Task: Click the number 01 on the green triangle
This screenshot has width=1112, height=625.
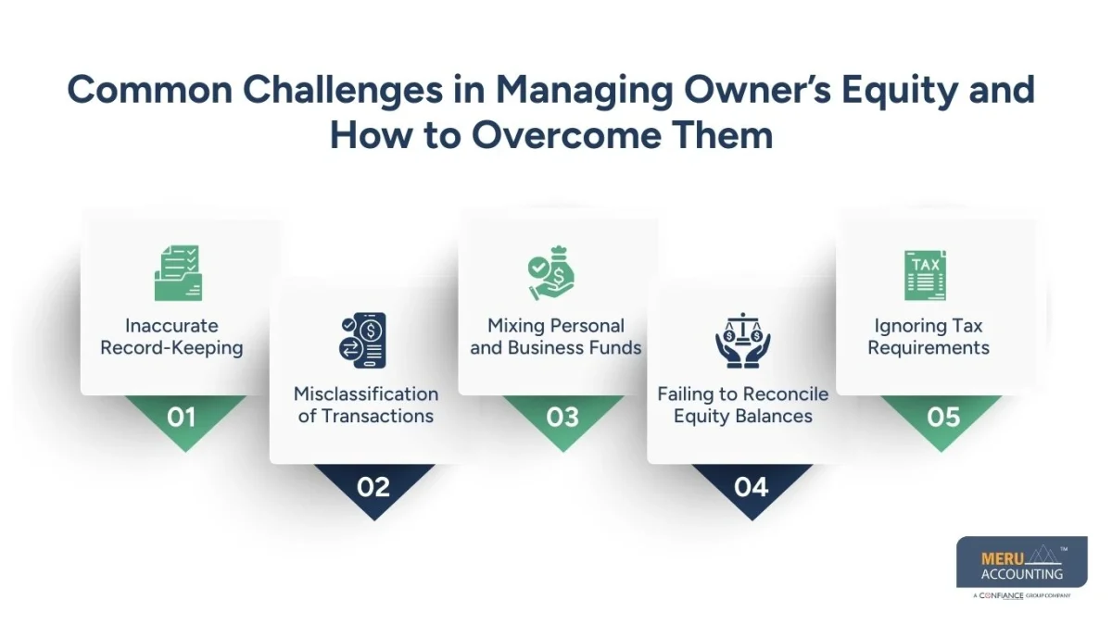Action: [x=182, y=418]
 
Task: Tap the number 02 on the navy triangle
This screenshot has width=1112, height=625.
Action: [x=373, y=486]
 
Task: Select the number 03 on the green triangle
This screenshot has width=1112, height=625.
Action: [x=562, y=418]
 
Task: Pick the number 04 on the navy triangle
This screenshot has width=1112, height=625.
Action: [x=751, y=486]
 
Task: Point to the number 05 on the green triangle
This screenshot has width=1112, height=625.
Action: [x=943, y=418]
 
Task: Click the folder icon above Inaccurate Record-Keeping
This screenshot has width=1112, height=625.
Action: [x=177, y=272]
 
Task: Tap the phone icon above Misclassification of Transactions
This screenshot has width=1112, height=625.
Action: [x=363, y=340]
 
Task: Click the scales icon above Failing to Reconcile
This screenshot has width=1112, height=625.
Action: [x=742, y=341]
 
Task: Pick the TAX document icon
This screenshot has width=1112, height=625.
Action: [x=925, y=275]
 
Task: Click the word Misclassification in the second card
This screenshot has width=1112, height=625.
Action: [x=366, y=394]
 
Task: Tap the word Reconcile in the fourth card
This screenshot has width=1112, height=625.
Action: [x=782, y=394]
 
